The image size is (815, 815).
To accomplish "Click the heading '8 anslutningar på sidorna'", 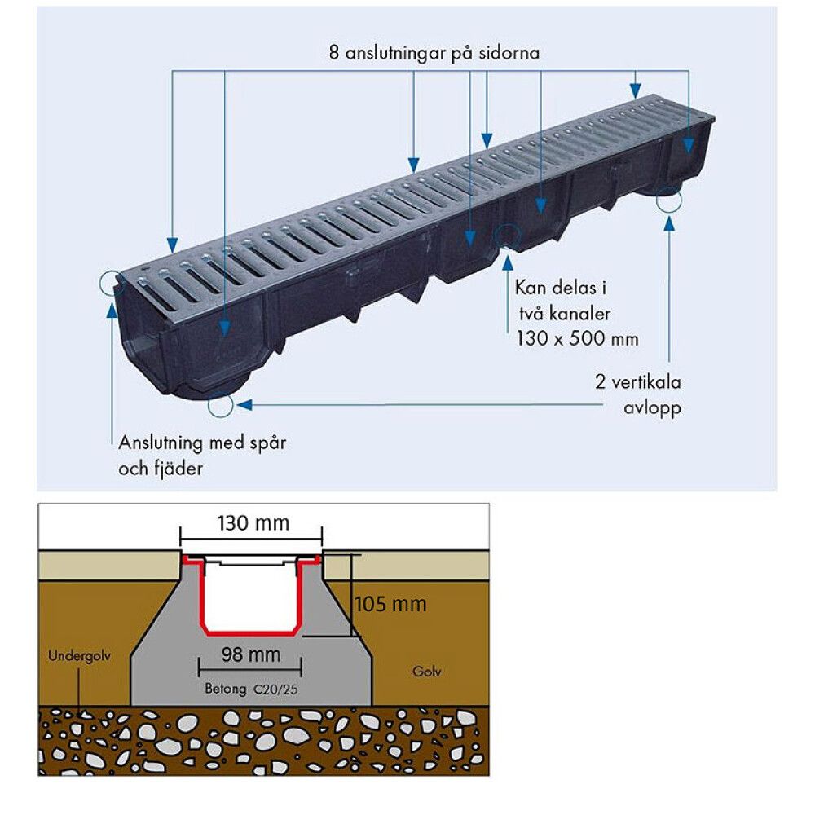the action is click(434, 53).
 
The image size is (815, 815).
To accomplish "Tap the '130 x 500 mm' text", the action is click(577, 339).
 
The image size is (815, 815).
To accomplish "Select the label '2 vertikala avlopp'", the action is click(638, 394).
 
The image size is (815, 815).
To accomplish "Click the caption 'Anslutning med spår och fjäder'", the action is click(202, 456).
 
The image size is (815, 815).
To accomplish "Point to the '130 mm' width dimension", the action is click(253, 523).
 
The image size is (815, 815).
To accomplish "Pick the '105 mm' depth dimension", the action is click(390, 604).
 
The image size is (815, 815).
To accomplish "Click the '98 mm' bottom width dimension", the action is click(251, 654).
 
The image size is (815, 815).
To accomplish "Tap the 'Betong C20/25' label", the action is click(251, 689).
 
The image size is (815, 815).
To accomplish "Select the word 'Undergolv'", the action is click(79, 656).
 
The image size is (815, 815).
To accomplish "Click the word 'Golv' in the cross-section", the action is click(427, 672).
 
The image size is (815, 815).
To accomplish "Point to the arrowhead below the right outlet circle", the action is click(669, 223).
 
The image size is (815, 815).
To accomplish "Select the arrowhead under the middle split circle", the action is click(507, 262).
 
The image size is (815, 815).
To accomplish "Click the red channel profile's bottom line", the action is click(252, 633).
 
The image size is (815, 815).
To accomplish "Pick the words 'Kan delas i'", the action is click(561, 288).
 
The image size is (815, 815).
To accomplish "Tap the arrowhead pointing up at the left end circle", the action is click(111, 309).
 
